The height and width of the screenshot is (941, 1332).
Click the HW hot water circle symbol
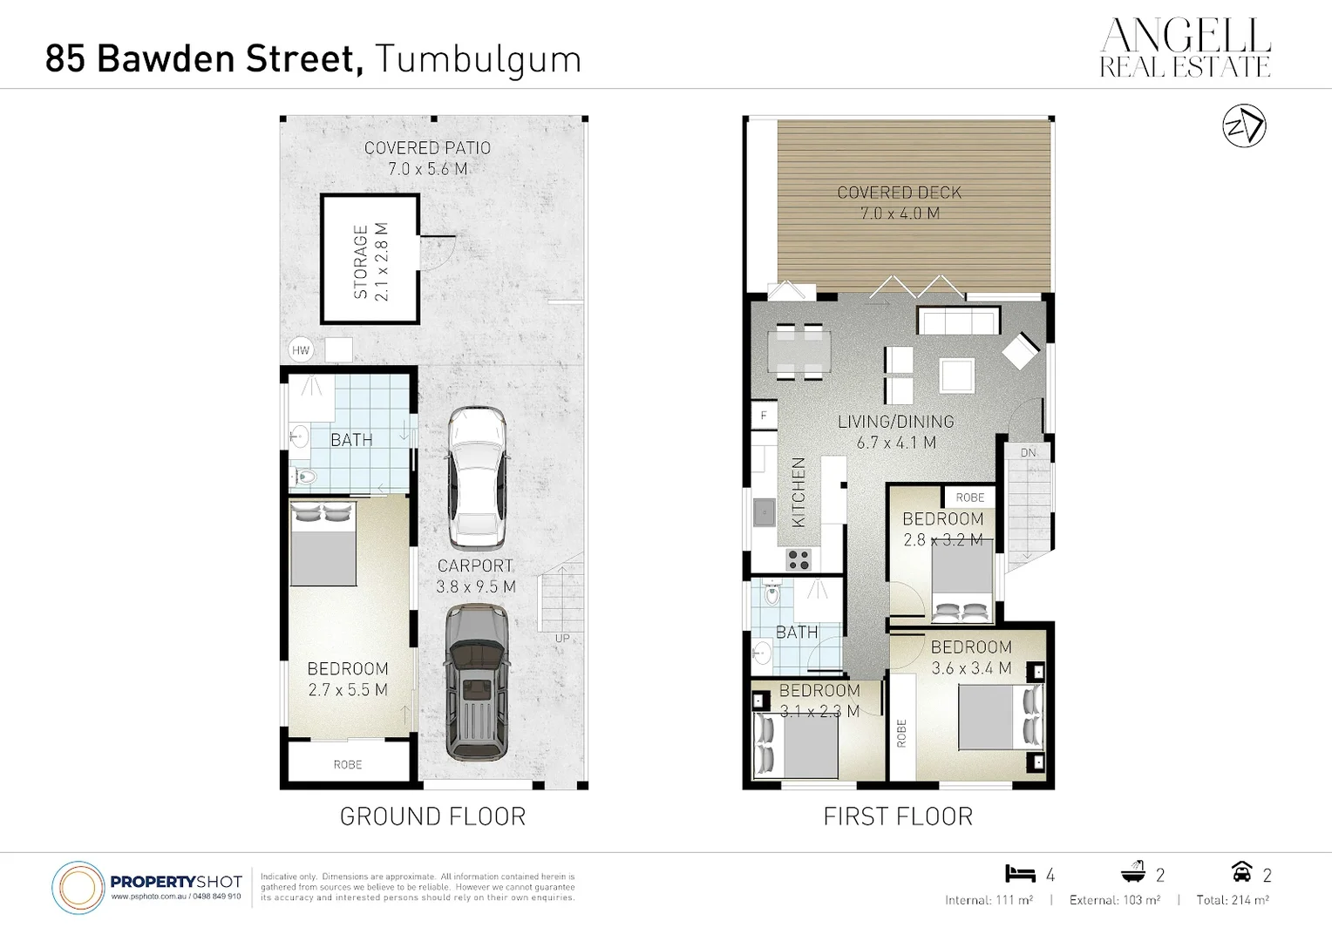(301, 350)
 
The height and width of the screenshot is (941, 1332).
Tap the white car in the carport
(476, 477)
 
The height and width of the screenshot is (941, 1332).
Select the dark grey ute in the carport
(476, 681)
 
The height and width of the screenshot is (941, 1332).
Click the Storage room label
(370, 262)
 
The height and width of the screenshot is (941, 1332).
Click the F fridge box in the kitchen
(764, 416)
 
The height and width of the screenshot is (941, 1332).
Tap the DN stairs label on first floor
(1028, 453)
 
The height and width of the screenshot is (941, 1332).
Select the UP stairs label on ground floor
(562, 638)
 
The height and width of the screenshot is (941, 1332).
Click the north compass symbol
(1244, 126)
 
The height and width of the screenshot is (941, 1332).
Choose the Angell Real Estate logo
(1185, 48)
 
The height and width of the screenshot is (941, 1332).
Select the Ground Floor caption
(432, 816)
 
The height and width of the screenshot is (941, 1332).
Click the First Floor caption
(898, 816)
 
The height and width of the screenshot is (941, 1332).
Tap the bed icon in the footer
(1019, 873)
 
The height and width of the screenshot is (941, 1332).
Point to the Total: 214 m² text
(1232, 900)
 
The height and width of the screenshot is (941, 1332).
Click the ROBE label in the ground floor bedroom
(347, 765)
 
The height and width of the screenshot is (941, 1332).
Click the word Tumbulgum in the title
(478, 59)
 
